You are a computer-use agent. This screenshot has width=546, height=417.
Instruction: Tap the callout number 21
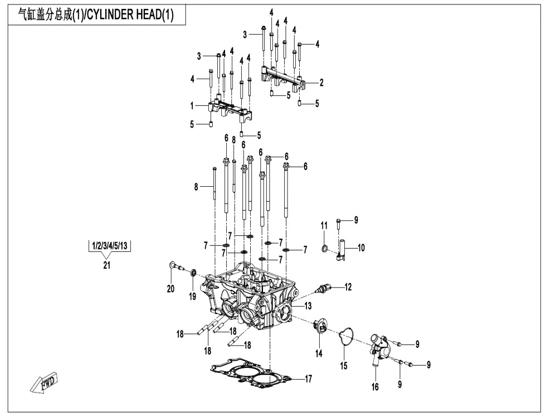click(106, 265)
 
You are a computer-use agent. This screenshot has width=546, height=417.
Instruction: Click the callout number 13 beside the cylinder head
click(308, 306)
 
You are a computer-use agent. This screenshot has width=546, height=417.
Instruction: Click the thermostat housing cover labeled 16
click(378, 348)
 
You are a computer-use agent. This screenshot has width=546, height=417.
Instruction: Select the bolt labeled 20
click(174, 267)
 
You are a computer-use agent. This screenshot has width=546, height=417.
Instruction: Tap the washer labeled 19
click(193, 273)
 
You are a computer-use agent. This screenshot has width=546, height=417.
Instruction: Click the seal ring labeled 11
click(325, 247)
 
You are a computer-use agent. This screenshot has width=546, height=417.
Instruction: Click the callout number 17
click(308, 379)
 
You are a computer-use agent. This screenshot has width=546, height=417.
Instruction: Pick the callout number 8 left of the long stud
click(196, 187)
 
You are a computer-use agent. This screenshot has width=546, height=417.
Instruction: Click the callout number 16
click(375, 387)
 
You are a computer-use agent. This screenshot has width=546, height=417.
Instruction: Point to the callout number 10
click(360, 248)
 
